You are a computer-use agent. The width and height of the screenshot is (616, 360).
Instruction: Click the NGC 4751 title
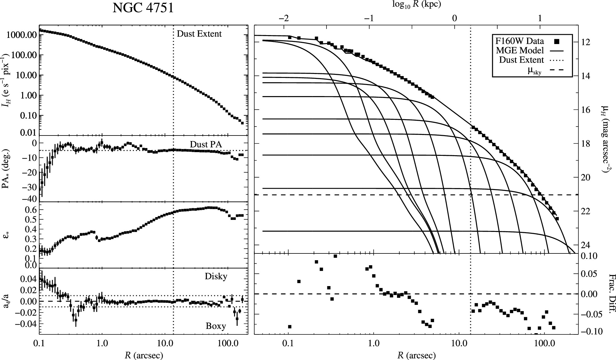point(143,8)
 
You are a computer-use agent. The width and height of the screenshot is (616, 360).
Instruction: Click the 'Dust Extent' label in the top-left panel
point(199,34)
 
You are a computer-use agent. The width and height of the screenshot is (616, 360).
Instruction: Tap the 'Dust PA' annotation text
point(206,144)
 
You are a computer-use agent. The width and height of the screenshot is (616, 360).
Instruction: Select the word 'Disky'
point(216,276)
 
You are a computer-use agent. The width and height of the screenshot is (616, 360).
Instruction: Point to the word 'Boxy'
point(216,326)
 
